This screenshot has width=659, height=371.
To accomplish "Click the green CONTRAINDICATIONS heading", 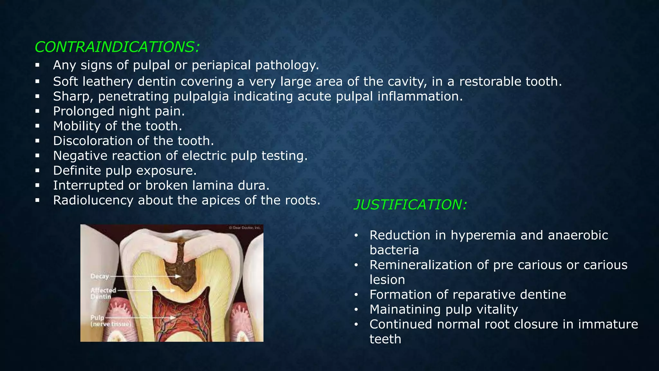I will pyautogui.click(x=117, y=47).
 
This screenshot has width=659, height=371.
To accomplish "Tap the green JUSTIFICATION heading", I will pyautogui.click(x=410, y=205).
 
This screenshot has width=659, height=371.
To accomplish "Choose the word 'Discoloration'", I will pyautogui.click(x=93, y=141).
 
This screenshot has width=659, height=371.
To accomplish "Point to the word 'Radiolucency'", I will pyautogui.click(x=93, y=200).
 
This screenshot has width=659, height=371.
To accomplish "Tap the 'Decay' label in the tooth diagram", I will pyautogui.click(x=100, y=276).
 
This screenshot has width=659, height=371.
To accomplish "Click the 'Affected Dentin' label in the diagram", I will pyautogui.click(x=103, y=293).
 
